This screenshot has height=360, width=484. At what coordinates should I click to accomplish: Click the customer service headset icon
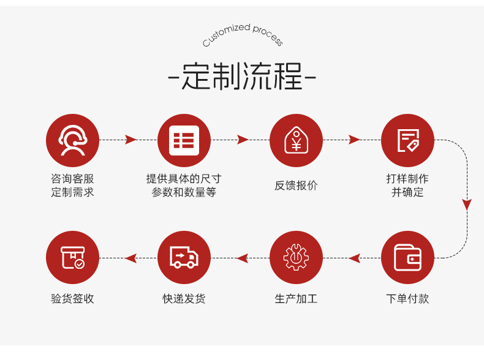pyautogui.click(x=72, y=140)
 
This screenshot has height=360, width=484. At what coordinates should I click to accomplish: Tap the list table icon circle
pyautogui.click(x=184, y=140)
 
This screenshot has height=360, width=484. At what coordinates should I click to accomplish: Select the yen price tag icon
pyautogui.click(x=296, y=140)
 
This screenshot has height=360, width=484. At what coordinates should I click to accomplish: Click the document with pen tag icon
pyautogui.click(x=407, y=140)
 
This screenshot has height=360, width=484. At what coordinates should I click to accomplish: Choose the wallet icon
pyautogui.click(x=407, y=257)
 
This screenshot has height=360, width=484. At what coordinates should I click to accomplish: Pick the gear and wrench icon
pyautogui.click(x=296, y=257)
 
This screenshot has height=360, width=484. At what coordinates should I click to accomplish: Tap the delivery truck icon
pyautogui.click(x=184, y=257)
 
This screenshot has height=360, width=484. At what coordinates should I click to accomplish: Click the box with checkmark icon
pyautogui.click(x=72, y=257)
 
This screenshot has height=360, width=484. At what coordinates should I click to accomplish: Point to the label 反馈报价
pyautogui.click(x=296, y=186)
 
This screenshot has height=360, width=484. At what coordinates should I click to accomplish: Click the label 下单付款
pyautogui.click(x=407, y=299)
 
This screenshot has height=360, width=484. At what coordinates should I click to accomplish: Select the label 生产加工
pyautogui.click(x=296, y=299)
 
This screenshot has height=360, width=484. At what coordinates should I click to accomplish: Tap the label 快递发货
pyautogui.click(x=184, y=299)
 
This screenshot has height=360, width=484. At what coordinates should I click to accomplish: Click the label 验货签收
pyautogui.click(x=72, y=299)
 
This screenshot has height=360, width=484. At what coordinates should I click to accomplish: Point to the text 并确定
pyautogui.click(x=407, y=192)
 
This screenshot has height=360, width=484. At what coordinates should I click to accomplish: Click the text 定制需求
pyautogui.click(x=72, y=192)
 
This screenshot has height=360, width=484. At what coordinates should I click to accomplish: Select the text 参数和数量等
pyautogui.click(x=184, y=192)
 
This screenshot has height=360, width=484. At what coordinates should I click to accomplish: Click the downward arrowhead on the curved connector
pyautogui.click(x=467, y=204)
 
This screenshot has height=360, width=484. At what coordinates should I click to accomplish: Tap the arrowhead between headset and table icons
pyautogui.click(x=130, y=140)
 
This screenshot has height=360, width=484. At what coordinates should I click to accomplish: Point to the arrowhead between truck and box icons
pyautogui.click(x=131, y=258)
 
